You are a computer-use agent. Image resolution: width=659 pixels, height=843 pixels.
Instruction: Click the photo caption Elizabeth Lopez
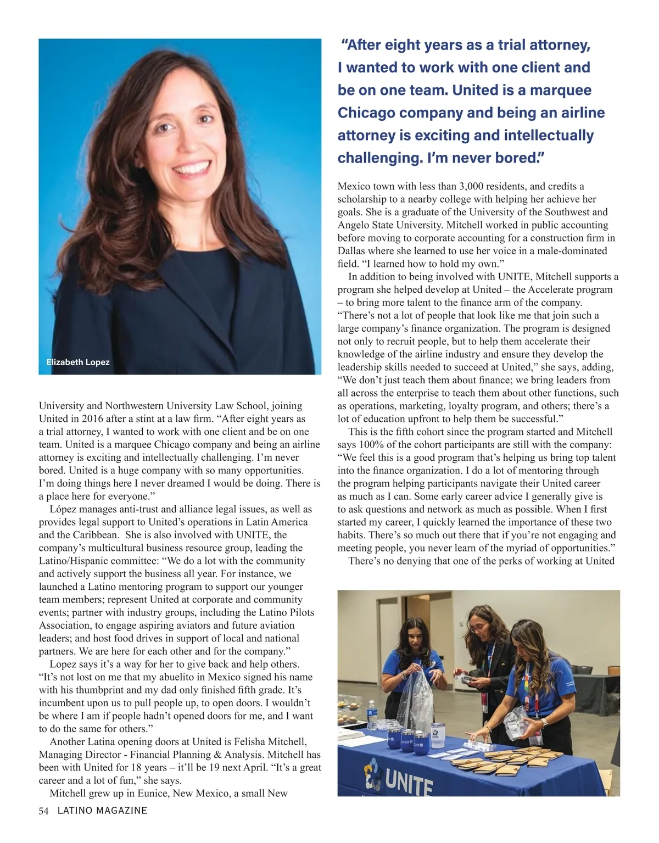pos(77,362)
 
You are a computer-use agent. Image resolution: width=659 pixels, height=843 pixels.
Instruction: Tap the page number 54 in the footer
pos(44,811)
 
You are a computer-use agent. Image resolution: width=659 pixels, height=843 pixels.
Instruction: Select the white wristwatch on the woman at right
pos(545,721)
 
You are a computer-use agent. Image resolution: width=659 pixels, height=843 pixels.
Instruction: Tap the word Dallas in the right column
pos(351,251)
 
